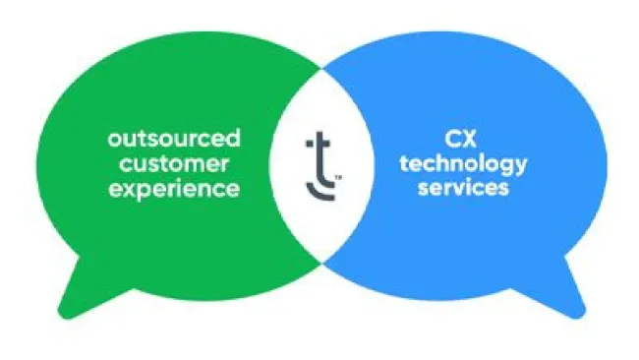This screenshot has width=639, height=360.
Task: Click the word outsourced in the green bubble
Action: [x=173, y=138]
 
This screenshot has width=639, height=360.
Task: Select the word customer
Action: [x=173, y=162]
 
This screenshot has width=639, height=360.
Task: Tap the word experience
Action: [x=173, y=187]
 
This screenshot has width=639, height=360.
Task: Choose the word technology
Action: [x=465, y=164]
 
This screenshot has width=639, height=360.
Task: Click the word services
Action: [x=465, y=187]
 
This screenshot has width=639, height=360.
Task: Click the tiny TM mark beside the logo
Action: [x=337, y=178]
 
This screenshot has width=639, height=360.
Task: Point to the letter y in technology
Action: [x=520, y=167]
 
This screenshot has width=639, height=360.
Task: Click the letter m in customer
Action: [x=201, y=163]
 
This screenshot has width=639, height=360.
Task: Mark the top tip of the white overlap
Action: [x=321, y=69]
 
